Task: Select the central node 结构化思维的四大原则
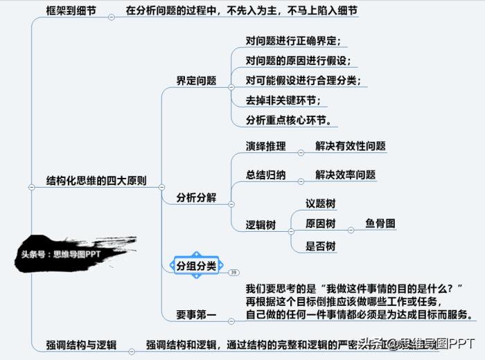(96, 181)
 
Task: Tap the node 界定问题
(196, 80)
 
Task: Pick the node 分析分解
(196, 197)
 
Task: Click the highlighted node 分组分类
(196, 266)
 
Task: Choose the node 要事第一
(196, 316)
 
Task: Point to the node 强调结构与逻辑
(81, 345)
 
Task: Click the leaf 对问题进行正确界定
(292, 41)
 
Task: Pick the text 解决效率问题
(345, 174)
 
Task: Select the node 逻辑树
(261, 225)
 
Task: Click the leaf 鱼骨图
(380, 224)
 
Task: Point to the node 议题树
(321, 204)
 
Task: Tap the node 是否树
(321, 246)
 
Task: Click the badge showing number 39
(233, 272)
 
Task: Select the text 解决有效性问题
(350, 146)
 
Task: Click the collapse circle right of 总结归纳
(301, 181)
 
